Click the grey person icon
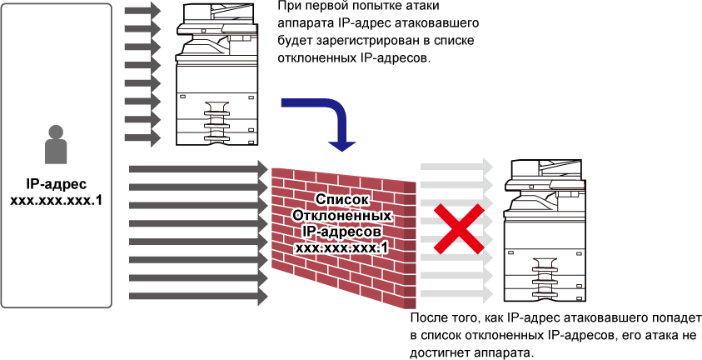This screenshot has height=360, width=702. pyautogui.click(x=56, y=145)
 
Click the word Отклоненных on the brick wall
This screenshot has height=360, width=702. pyautogui.click(x=341, y=215)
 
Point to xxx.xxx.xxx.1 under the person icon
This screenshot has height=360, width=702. pyautogui.click(x=57, y=200)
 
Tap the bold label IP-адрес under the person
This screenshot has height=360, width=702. pyautogui.click(x=57, y=184)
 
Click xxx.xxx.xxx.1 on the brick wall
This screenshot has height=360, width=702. pyautogui.click(x=341, y=247)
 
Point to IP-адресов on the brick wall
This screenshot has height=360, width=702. pyautogui.click(x=341, y=232)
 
